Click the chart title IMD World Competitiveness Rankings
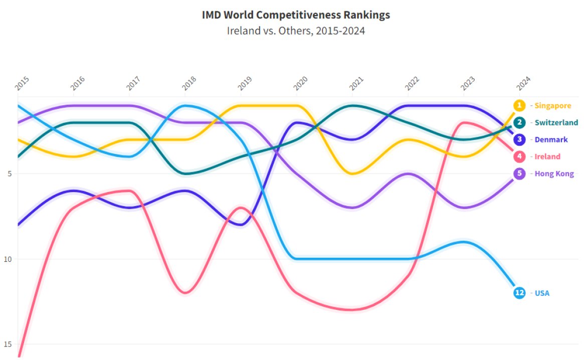(296, 15)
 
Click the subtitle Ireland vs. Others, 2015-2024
(296, 31)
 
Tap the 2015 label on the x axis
(22, 84)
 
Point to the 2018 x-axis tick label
(189, 84)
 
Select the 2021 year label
(356, 84)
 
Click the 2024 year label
(523, 84)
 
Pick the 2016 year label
(78, 84)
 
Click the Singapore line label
(553, 106)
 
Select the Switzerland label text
(556, 123)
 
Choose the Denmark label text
(551, 140)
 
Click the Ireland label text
(547, 157)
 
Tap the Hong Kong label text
(554, 174)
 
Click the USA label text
(542, 293)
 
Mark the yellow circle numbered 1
(520, 106)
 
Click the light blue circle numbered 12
(520, 293)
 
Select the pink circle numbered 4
(520, 157)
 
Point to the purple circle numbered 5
(520, 174)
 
